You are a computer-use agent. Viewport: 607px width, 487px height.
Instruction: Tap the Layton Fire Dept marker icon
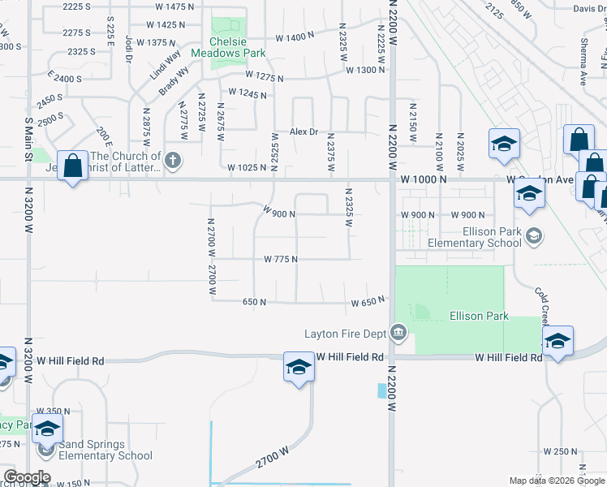point(398,332)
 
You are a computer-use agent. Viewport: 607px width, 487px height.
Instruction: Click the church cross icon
point(172,162)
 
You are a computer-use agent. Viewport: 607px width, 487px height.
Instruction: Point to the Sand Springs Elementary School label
point(100,450)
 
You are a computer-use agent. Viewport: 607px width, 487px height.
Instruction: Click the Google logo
point(27,477)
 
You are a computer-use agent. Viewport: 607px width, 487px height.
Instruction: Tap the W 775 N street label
point(281,259)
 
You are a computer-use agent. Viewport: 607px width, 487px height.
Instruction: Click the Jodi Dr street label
point(129,49)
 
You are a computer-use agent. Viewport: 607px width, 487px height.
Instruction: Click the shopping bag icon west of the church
point(73,166)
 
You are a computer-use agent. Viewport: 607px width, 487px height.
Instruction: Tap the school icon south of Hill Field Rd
point(299,367)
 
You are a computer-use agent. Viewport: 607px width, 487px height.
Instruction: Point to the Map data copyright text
point(557,481)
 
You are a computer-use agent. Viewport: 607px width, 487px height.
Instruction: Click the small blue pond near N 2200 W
point(382,390)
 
